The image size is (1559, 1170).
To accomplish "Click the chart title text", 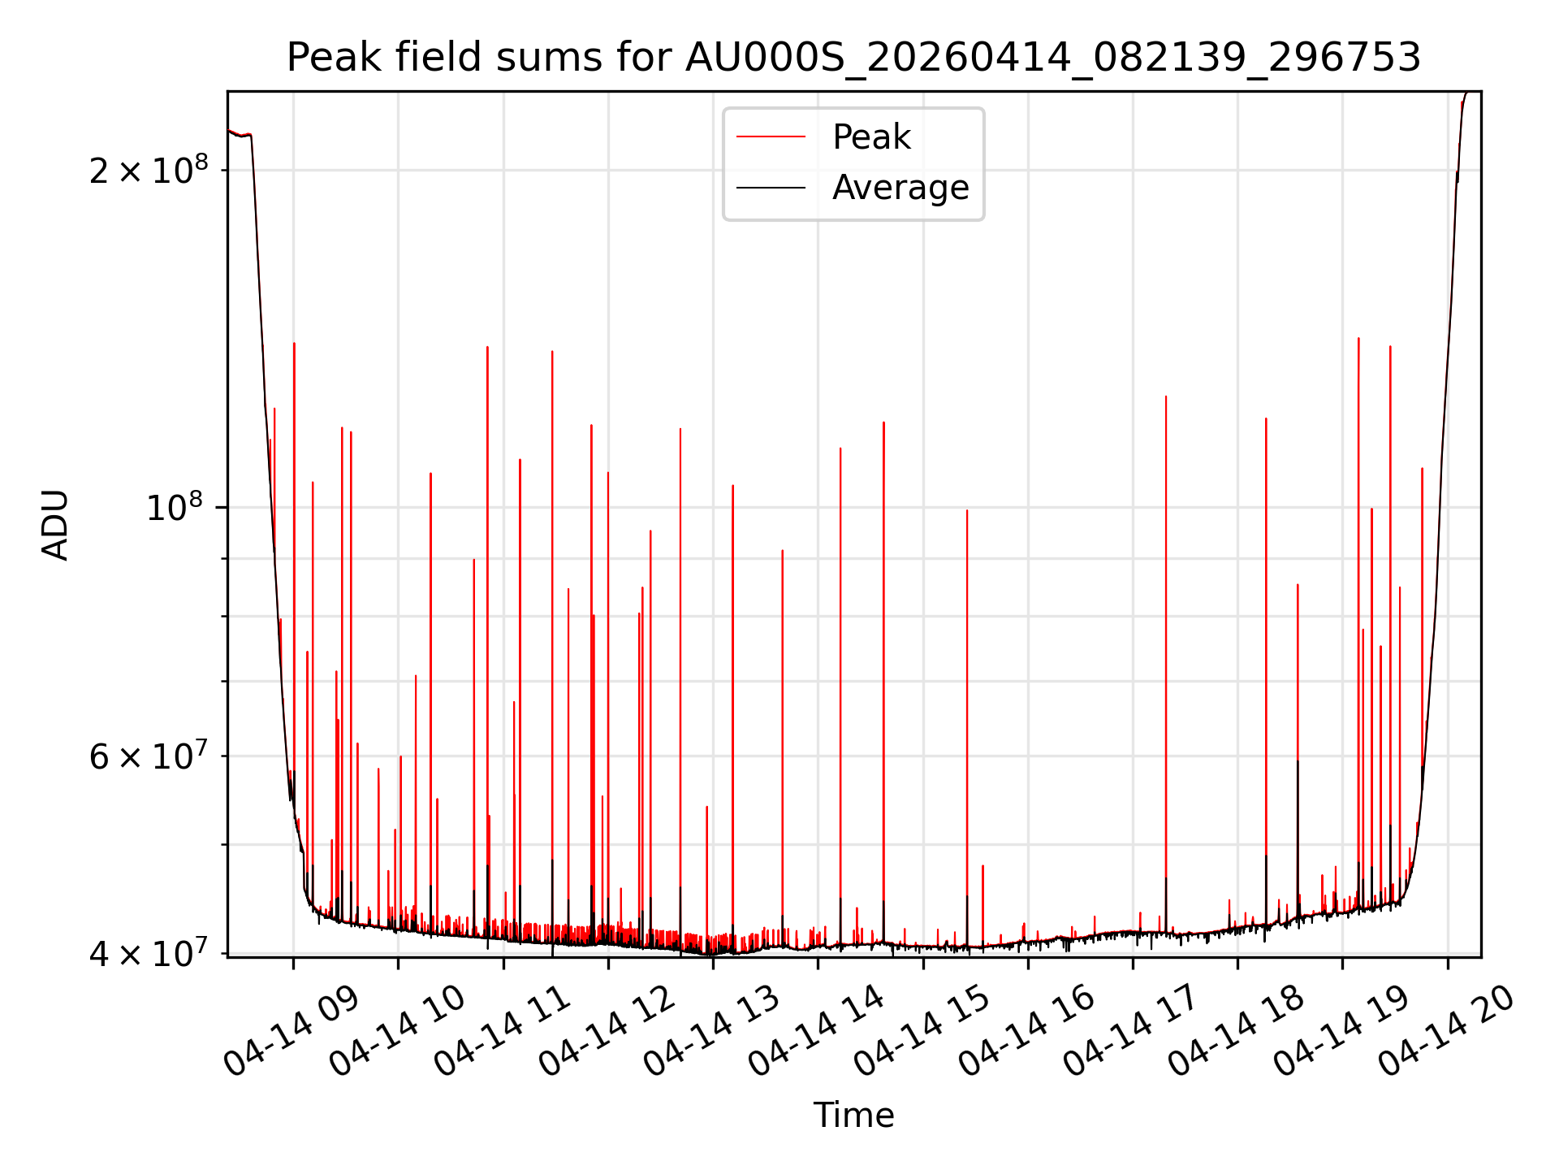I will coord(853,58).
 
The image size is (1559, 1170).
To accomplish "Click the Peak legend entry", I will coord(871,137).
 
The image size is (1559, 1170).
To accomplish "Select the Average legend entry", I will coord(900,188).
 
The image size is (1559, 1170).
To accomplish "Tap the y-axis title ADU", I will coord(55,525).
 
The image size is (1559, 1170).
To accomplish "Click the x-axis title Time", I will coord(853,1115).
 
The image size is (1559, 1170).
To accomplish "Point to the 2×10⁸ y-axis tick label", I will coord(149,170).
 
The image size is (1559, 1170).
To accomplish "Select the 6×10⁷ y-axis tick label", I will coord(149,756).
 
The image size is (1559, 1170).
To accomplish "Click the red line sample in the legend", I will coord(771,137).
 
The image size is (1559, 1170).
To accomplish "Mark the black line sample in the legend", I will coord(771,188).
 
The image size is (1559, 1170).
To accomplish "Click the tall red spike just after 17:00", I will coord(1166,569).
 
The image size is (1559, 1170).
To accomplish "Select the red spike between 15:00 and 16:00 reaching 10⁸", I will coord(967,650).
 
